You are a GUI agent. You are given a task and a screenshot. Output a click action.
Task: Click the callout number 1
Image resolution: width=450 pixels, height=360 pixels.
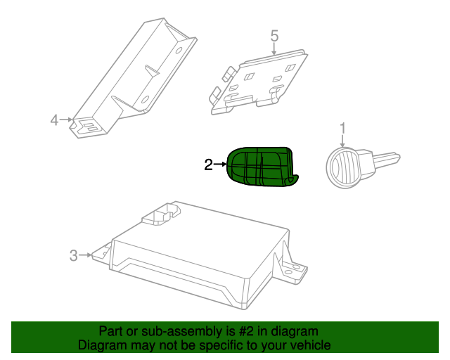(343, 128)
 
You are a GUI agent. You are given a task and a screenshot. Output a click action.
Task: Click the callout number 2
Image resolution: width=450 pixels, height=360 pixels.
(208, 165)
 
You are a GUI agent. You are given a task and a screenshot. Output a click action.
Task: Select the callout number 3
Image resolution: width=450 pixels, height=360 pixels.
(74, 255)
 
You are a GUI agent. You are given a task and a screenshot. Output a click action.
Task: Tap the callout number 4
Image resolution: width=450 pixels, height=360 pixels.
(55, 120)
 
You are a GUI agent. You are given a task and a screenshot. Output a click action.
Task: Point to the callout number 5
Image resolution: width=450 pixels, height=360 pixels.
(274, 34)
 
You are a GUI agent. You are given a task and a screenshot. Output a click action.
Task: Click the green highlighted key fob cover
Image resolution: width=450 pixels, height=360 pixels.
(262, 168)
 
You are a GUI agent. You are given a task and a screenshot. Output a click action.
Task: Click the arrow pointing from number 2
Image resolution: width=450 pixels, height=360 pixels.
(220, 165)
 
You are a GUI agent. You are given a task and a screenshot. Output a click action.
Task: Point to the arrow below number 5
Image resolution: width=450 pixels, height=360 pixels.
(274, 47)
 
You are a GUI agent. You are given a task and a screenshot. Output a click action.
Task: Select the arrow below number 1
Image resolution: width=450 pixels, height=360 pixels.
(343, 141)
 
